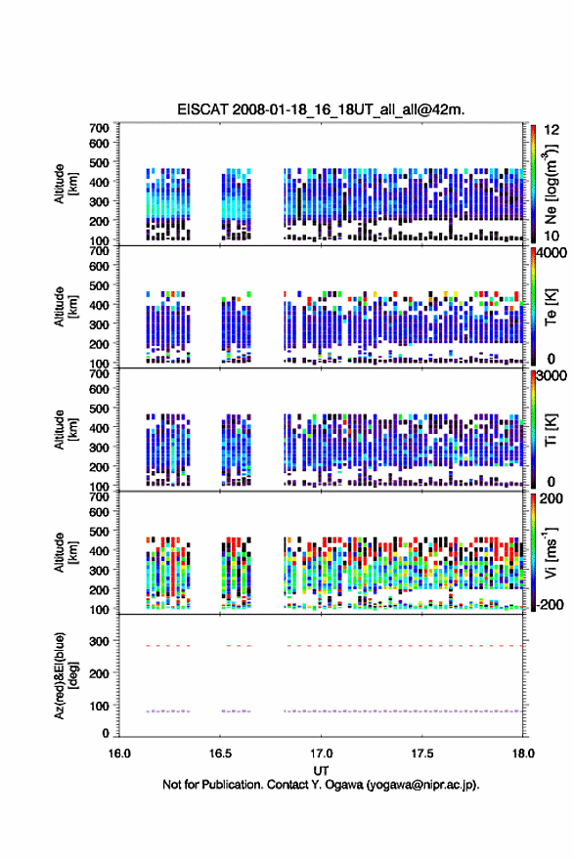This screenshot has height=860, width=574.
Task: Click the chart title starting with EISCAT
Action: pyautogui.click(x=321, y=109)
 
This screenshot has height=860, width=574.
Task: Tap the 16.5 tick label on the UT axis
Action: pyautogui.click(x=220, y=753)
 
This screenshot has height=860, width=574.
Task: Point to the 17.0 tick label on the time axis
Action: pyautogui.click(x=321, y=753)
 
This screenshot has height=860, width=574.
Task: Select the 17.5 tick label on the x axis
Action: pyautogui.click(x=422, y=753)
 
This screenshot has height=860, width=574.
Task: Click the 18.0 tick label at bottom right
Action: pyautogui.click(x=523, y=753)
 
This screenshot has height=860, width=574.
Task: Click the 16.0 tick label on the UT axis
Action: pyautogui.click(x=119, y=753)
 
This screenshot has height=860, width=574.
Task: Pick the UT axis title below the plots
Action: pyautogui.click(x=321, y=771)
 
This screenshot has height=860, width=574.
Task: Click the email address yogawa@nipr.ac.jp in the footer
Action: pyautogui.click(x=421, y=785)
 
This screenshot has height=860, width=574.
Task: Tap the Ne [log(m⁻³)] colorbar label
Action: pyautogui.click(x=551, y=184)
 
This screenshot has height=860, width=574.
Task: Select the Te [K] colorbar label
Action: pyautogui.click(x=551, y=307)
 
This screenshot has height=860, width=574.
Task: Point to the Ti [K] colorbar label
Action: pyautogui.click(x=551, y=429)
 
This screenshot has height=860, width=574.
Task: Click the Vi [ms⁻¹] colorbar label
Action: pyautogui.click(x=551, y=553)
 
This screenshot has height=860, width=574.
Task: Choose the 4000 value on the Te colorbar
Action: pyautogui.click(x=552, y=253)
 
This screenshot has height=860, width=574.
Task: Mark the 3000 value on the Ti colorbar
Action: pyautogui.click(x=552, y=375)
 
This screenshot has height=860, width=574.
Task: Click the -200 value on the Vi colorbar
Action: pyautogui.click(x=548, y=604)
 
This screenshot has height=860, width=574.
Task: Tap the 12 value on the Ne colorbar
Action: pyautogui.click(x=552, y=130)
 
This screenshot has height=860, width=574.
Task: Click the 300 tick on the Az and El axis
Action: pyautogui.click(x=100, y=641)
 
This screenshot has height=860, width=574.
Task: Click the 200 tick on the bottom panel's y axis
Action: pyautogui.click(x=100, y=673)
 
